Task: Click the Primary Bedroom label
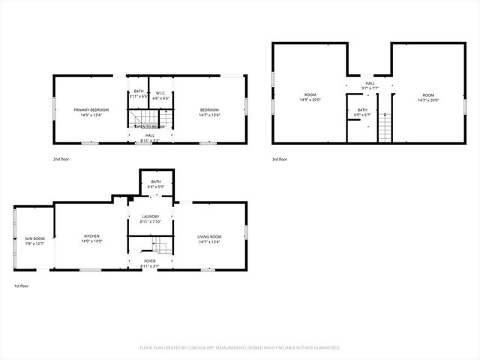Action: (91, 110)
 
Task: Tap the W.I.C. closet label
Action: (160, 94)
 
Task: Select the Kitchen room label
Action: (91, 237)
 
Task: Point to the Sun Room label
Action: (34, 238)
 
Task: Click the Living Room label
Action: (209, 237)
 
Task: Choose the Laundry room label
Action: (151, 217)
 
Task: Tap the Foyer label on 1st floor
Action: (150, 261)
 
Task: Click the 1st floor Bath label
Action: (156, 181)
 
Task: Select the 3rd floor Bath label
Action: (362, 110)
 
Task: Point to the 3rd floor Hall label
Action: (370, 83)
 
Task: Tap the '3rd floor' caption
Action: (280, 159)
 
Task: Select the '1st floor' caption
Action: (21, 286)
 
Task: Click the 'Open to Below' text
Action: (150, 127)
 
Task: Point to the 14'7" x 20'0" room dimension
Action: (428, 100)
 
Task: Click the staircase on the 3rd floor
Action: (385, 127)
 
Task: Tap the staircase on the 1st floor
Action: (160, 245)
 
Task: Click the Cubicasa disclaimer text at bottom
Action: (240, 347)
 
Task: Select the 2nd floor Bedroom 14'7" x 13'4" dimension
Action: (209, 115)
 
